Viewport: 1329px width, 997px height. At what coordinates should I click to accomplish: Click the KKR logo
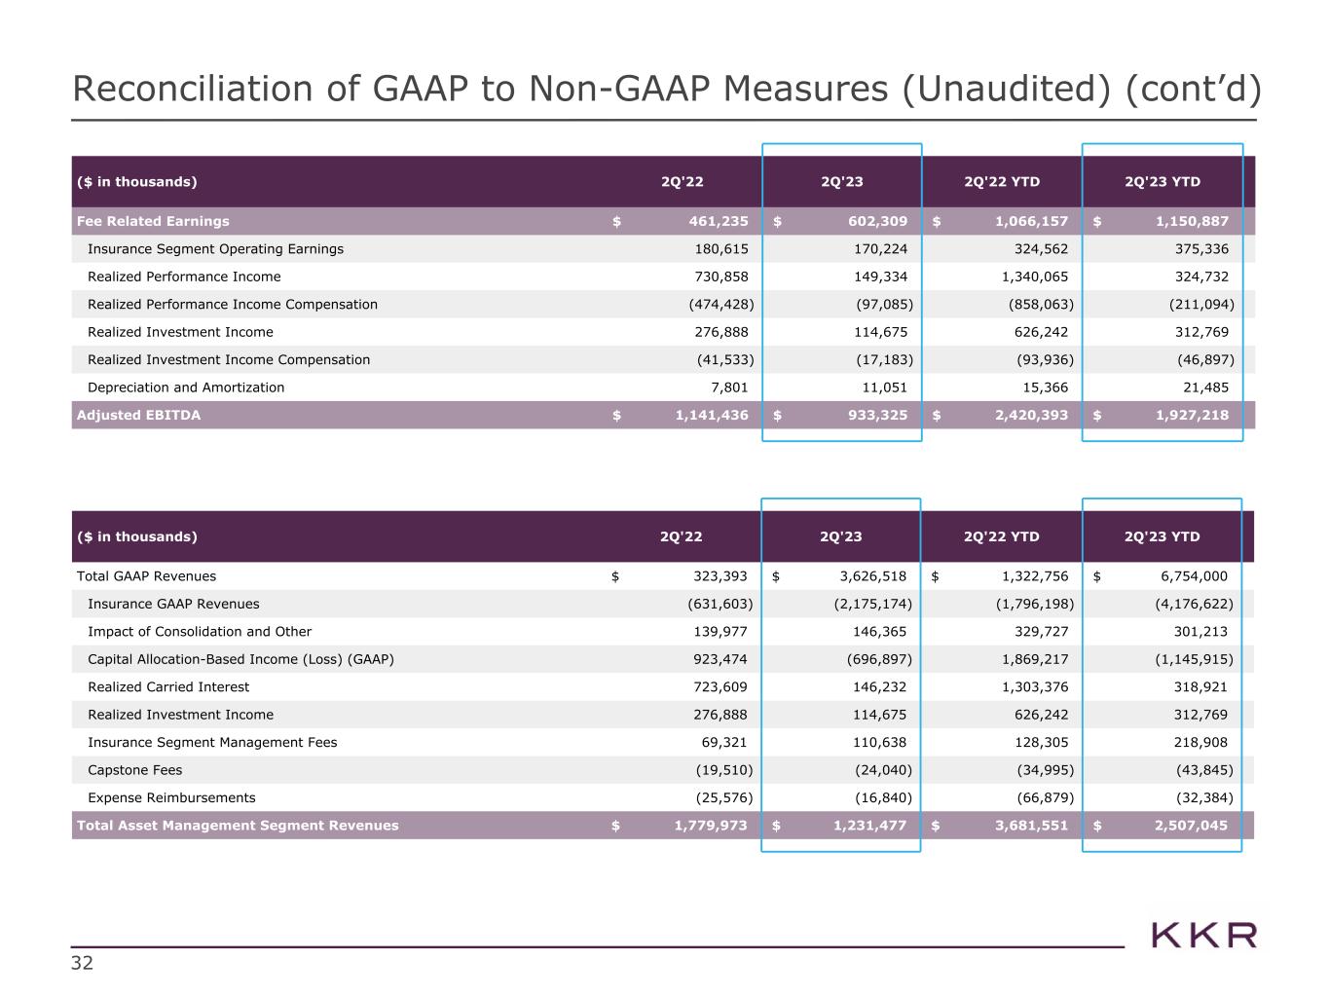(x=1203, y=936)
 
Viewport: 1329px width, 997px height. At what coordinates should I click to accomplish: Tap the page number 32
(x=83, y=964)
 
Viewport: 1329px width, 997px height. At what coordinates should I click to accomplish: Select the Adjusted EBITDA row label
(x=138, y=416)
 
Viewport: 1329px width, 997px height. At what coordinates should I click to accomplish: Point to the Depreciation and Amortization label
(x=186, y=388)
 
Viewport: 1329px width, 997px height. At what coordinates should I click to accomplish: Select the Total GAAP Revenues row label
(x=146, y=576)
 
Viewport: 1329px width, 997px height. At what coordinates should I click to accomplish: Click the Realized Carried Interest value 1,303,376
(x=1034, y=687)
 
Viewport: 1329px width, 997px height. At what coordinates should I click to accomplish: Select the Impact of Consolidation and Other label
(x=200, y=632)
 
